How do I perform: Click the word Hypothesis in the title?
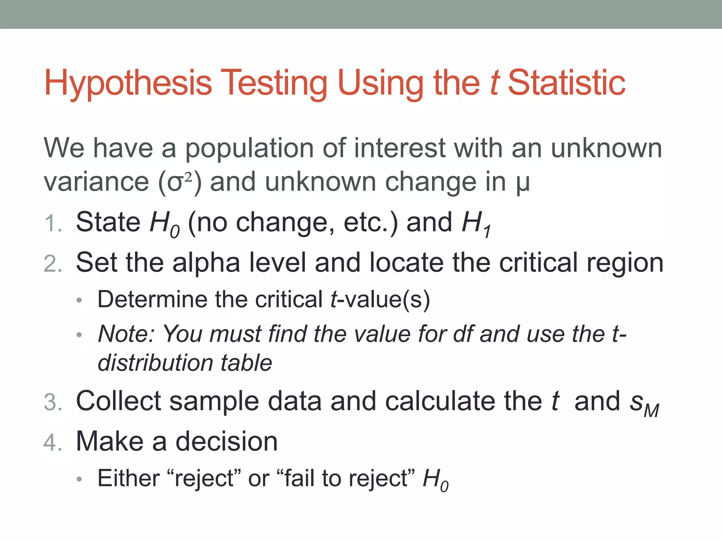coord(128,83)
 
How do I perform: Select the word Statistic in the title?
coord(567,83)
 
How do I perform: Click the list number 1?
coord(53,224)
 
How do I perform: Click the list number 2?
coord(53,264)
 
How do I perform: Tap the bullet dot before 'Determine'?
coord(79,300)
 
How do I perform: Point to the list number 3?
coord(53,403)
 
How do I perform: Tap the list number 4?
coord(53,443)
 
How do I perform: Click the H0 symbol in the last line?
coord(436,480)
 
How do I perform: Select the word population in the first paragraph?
coord(249,149)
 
